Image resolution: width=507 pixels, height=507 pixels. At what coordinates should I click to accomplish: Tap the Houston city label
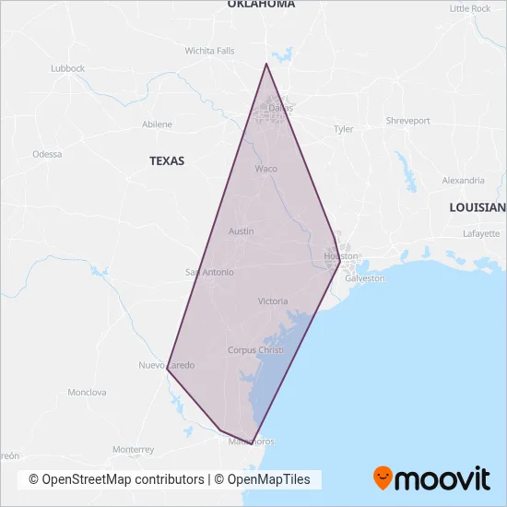click(340, 254)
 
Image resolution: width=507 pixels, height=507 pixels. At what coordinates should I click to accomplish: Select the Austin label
click(241, 230)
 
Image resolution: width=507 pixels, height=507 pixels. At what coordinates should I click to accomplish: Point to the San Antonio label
click(210, 272)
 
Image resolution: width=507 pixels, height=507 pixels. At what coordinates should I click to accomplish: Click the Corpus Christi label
click(255, 350)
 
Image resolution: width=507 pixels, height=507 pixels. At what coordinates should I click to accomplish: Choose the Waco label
click(265, 169)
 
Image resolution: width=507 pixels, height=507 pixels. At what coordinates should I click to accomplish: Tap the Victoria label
click(273, 301)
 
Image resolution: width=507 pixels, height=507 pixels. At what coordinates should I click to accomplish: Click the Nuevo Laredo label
click(166, 365)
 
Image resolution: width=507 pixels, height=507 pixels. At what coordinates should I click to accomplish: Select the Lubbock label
click(67, 68)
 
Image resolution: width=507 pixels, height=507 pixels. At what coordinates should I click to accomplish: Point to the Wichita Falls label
click(209, 51)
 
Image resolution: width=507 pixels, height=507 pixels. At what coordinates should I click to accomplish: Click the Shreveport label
click(407, 121)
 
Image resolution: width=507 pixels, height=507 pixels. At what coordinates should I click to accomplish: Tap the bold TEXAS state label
click(167, 160)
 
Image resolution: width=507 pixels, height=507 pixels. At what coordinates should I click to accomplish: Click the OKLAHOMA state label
click(262, 5)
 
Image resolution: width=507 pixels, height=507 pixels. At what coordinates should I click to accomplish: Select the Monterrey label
click(133, 450)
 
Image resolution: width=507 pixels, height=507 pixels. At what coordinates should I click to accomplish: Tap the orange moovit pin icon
click(383, 478)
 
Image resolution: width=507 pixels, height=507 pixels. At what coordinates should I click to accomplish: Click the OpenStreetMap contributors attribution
click(116, 479)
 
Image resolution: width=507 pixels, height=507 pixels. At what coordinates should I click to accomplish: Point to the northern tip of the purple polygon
click(266, 64)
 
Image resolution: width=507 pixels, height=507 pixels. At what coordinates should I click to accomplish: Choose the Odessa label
click(47, 154)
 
